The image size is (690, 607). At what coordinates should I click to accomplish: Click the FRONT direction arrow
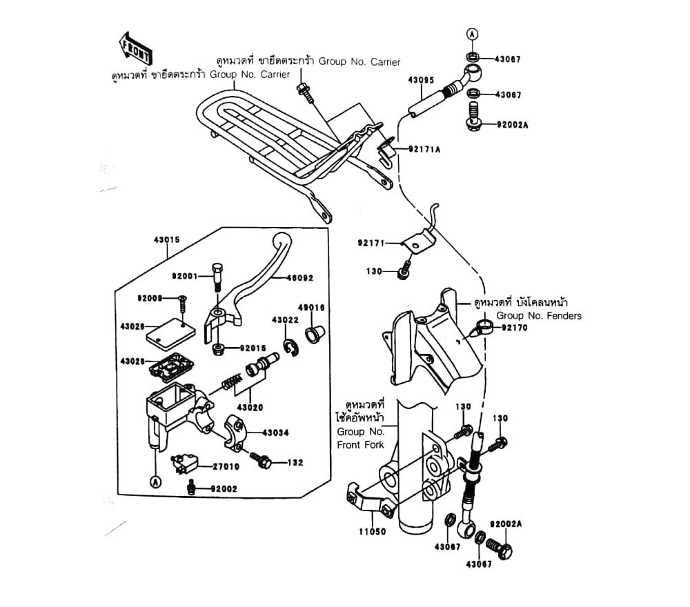tap(136, 49)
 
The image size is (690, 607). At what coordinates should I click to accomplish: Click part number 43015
tap(166, 240)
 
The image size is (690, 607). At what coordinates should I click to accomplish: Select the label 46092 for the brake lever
tap(300, 278)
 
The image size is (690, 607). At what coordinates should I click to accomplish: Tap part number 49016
tap(312, 308)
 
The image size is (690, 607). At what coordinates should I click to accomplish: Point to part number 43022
tap(284, 320)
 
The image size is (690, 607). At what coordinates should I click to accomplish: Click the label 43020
tap(250, 408)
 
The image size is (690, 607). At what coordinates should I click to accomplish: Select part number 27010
tap(225, 466)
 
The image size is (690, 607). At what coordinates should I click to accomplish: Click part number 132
tap(295, 462)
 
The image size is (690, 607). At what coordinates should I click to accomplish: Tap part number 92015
tap(253, 348)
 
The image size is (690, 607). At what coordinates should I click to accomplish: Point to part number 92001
tap(185, 276)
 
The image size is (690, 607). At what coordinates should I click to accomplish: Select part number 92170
tap(514, 328)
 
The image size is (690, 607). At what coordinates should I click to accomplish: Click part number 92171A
tap(424, 149)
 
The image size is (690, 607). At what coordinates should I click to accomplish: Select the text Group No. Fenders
tap(540, 316)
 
